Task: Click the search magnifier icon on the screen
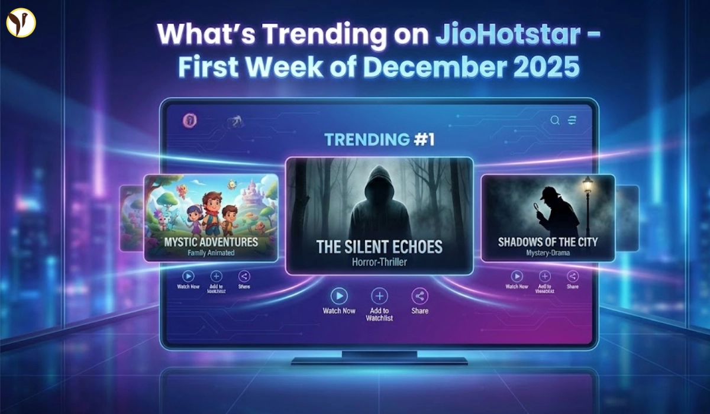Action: pyautogui.click(x=555, y=121)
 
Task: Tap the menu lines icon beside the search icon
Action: pyautogui.click(x=572, y=121)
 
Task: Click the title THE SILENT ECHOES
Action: pyautogui.click(x=379, y=246)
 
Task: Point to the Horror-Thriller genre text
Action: pyautogui.click(x=379, y=261)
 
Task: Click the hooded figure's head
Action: pyautogui.click(x=378, y=183)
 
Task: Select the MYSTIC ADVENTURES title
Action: pyautogui.click(x=211, y=241)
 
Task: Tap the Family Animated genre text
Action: pyautogui.click(x=211, y=253)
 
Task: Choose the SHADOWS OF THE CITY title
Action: pyautogui.click(x=548, y=241)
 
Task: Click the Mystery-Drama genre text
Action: pyautogui.click(x=548, y=253)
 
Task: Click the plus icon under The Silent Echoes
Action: pyautogui.click(x=379, y=296)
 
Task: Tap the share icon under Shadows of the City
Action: pyautogui.click(x=573, y=276)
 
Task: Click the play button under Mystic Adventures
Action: pyautogui.click(x=188, y=276)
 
